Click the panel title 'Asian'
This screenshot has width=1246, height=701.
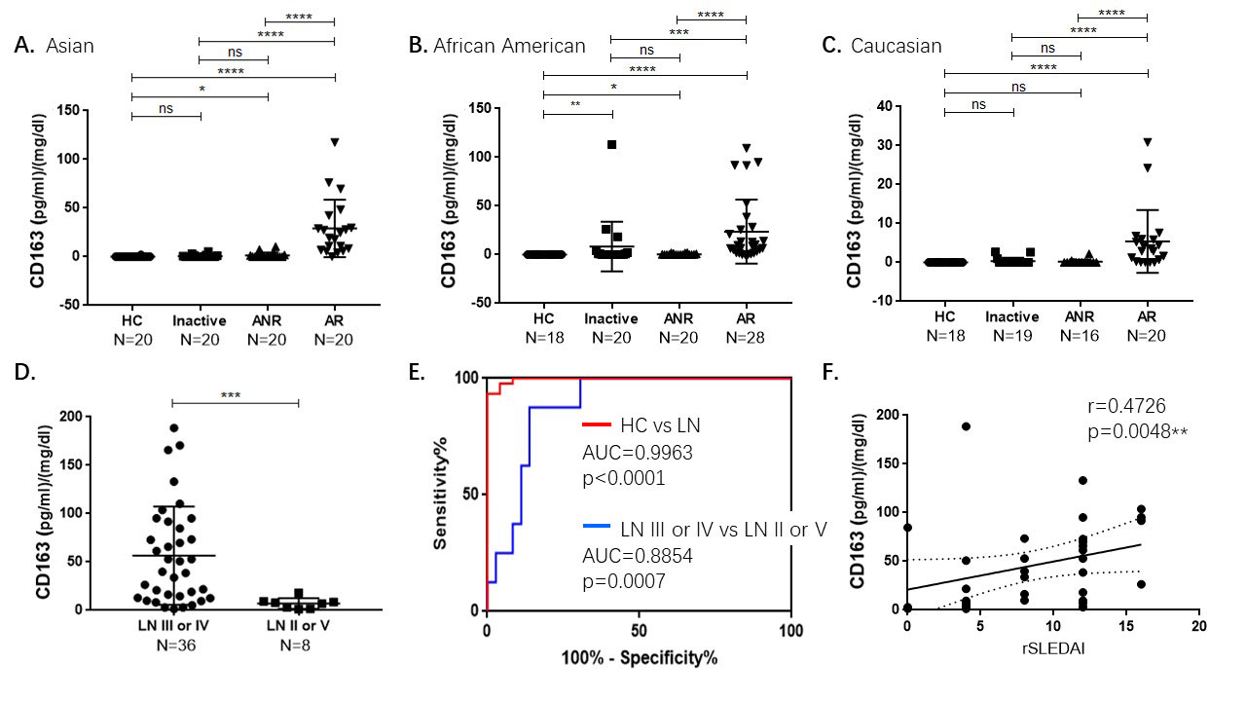(70, 46)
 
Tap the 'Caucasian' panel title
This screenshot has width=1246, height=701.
(897, 46)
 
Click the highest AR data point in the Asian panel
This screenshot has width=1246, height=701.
(334, 142)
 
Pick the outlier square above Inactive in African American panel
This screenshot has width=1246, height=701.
(612, 144)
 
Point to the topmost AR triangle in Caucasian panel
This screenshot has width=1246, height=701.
(1148, 142)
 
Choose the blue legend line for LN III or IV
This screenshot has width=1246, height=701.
(597, 526)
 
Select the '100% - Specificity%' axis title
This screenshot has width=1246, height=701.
(639, 657)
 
